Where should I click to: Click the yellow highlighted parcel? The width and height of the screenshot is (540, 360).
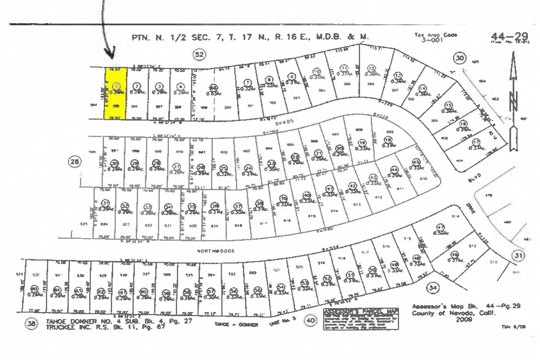tap(115, 93)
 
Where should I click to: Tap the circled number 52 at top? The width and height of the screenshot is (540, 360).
tap(199, 54)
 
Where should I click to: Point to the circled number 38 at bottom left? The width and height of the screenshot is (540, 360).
tap(31, 324)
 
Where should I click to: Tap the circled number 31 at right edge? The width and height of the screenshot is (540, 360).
tap(518, 255)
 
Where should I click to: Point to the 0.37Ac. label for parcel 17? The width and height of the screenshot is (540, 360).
tap(476, 147)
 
